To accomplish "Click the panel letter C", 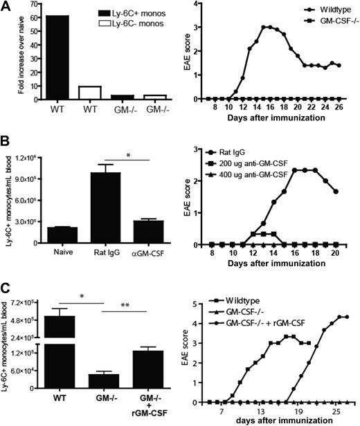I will [6, 286].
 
